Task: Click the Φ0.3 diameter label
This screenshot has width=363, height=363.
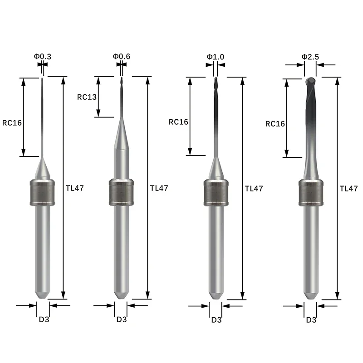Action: pyautogui.click(x=42, y=56)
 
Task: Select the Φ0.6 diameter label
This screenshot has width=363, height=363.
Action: pyautogui.click(x=121, y=56)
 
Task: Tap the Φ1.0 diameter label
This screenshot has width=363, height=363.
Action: pyautogui.click(x=216, y=56)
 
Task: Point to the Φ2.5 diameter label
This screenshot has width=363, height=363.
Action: pyautogui.click(x=310, y=56)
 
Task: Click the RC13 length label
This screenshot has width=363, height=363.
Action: pyautogui.click(x=87, y=97)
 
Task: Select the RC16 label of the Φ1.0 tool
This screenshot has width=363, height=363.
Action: pyautogui.click(x=178, y=122)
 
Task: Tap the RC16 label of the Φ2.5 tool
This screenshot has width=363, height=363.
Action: pyautogui.click(x=275, y=123)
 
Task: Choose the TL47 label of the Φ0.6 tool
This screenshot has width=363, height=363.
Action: pyautogui.click(x=159, y=187)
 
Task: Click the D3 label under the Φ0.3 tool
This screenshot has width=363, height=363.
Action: pyautogui.click(x=43, y=319)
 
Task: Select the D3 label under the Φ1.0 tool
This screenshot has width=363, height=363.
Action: pyautogui.click(x=216, y=319)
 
